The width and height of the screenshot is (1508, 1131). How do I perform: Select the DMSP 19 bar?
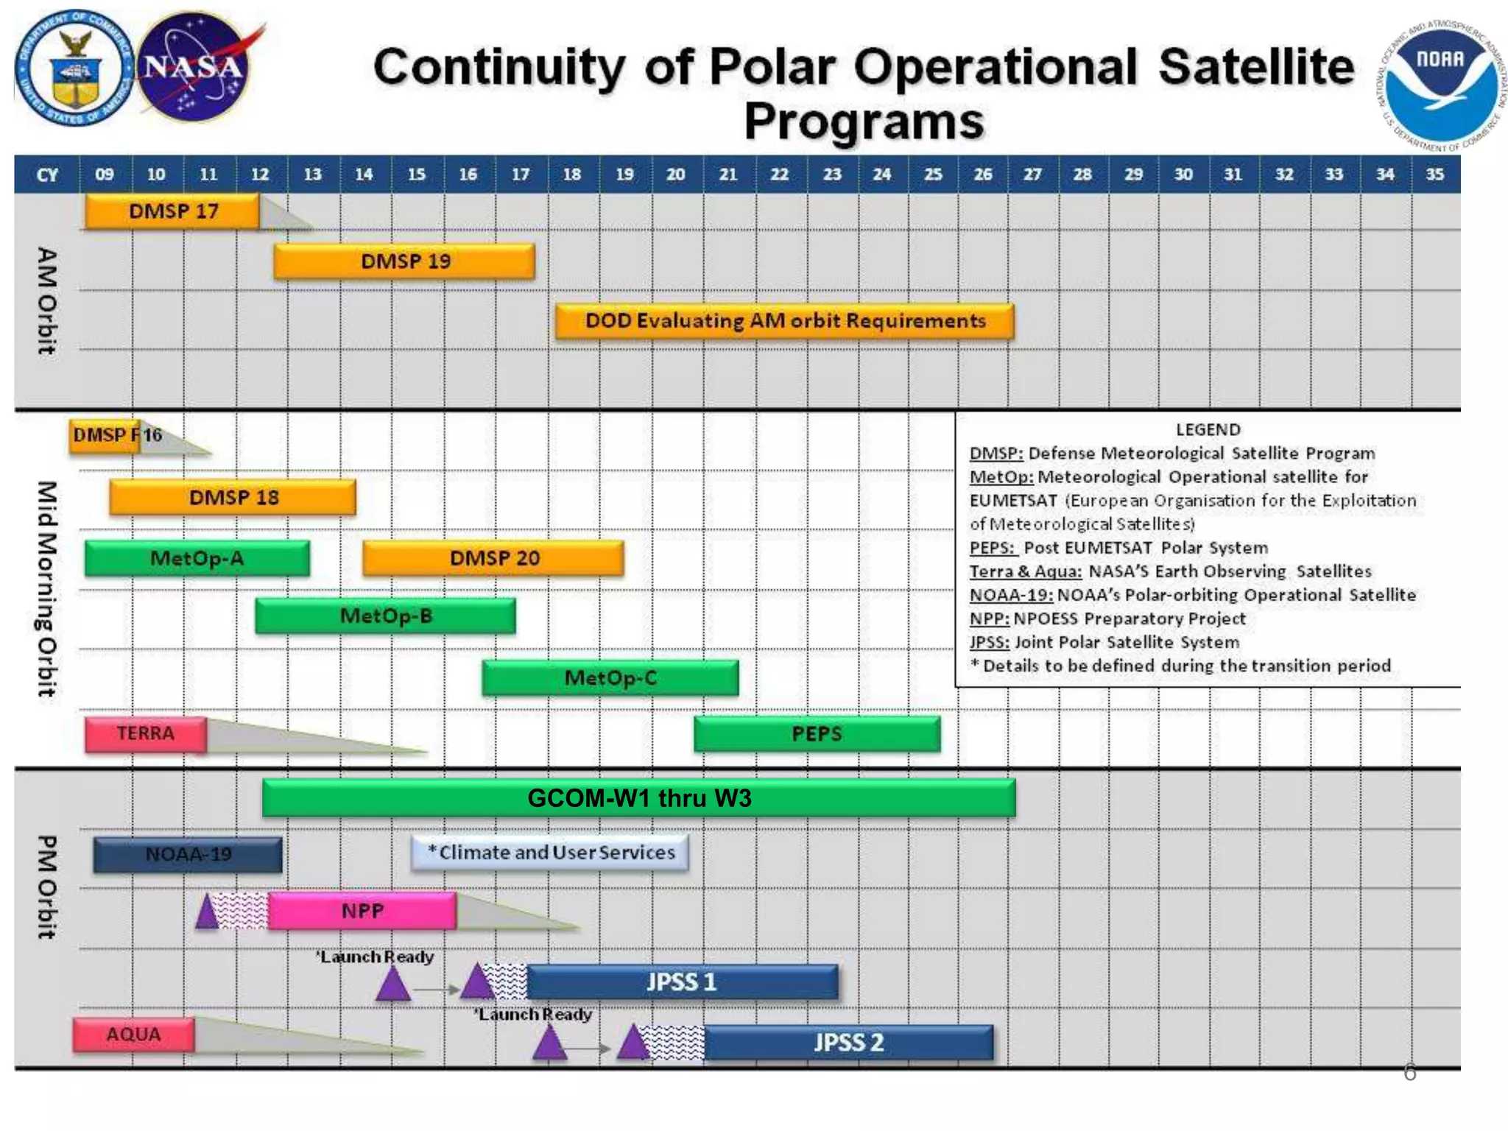tap(404, 261)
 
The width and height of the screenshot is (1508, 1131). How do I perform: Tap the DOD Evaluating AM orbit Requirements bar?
tap(784, 321)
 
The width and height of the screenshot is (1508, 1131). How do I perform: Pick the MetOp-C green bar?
tap(610, 678)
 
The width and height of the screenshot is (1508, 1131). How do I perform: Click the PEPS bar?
tap(817, 734)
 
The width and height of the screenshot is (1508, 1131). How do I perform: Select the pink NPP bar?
tap(362, 912)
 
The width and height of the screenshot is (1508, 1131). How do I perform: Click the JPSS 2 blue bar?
tap(848, 1043)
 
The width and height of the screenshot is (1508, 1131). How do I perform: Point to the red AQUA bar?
tap(133, 1035)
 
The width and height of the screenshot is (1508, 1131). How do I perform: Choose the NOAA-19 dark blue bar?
tap(188, 855)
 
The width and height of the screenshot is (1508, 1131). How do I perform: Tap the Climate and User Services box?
tap(550, 853)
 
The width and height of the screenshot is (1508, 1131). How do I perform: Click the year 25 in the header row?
tap(933, 175)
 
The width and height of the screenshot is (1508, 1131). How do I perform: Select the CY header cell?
tap(47, 175)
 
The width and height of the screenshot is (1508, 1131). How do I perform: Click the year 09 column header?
tap(105, 175)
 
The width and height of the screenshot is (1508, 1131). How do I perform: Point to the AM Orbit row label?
tap(46, 300)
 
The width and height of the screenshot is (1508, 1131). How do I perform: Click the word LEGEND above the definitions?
tap(1208, 429)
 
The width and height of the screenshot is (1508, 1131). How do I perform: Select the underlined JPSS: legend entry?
tap(989, 642)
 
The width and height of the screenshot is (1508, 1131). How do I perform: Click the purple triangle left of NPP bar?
tap(208, 913)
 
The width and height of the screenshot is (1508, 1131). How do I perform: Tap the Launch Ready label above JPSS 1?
tap(376, 956)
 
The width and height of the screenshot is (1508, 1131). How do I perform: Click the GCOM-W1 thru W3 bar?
tap(638, 798)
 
